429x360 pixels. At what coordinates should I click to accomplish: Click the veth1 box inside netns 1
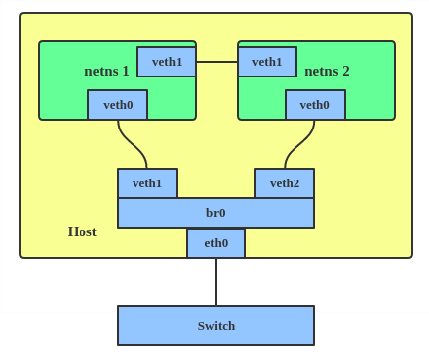(167, 62)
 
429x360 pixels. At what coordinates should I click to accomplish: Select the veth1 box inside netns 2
(267, 62)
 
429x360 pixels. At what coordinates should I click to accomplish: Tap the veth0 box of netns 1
(118, 105)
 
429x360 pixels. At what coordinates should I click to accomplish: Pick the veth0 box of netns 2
(315, 105)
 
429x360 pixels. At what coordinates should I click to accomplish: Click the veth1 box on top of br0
(147, 183)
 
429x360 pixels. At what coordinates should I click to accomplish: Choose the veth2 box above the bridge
(285, 183)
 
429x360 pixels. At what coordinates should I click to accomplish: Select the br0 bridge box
(216, 213)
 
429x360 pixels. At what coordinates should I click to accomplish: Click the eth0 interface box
(216, 243)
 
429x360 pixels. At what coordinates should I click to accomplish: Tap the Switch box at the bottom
(216, 326)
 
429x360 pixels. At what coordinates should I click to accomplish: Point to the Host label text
(82, 231)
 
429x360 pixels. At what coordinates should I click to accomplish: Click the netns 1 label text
(107, 71)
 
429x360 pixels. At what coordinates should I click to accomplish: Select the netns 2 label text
(327, 71)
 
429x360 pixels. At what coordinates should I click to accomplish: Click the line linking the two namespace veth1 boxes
(217, 62)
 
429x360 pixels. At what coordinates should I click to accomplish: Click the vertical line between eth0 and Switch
(216, 283)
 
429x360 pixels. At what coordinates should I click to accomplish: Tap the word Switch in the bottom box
(216, 326)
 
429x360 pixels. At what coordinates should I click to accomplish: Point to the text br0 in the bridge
(216, 213)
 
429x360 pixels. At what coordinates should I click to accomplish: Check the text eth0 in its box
(216, 243)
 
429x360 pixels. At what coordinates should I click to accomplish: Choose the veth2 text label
(285, 183)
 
